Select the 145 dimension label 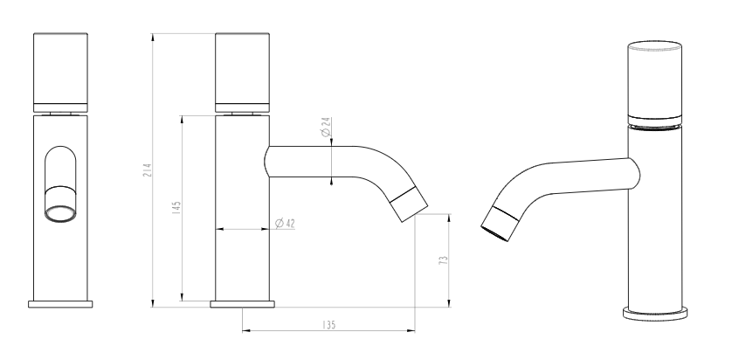[x=176, y=207]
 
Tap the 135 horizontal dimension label [x=329, y=324]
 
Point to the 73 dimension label [x=444, y=260]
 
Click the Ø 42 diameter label [x=285, y=223]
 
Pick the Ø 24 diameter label [x=326, y=127]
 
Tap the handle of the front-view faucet [x=60, y=73]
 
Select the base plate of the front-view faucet [x=60, y=304]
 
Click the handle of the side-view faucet [x=242, y=73]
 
